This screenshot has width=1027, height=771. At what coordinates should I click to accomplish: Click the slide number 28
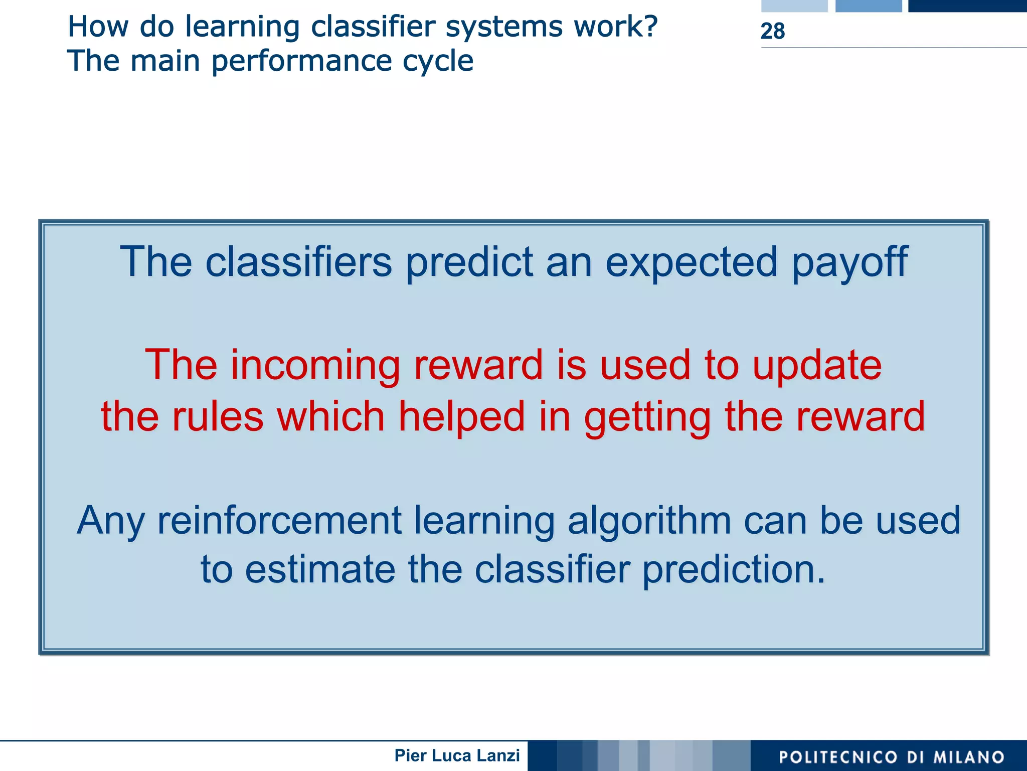772,31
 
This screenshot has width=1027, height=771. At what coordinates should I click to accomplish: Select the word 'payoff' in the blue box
849,262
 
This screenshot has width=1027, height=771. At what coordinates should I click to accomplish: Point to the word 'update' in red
817,365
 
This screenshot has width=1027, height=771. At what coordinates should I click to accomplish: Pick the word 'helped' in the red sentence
461,416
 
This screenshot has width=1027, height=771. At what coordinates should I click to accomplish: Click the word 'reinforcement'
279,521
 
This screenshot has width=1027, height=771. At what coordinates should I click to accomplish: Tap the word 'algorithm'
649,521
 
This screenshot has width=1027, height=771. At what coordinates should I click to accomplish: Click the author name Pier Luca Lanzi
457,755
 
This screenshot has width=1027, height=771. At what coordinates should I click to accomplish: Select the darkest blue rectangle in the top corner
967,6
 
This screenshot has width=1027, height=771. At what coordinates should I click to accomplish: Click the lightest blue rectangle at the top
794,6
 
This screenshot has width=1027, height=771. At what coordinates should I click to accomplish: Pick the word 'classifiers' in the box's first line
298,262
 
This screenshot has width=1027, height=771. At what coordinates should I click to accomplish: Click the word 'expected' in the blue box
692,262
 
